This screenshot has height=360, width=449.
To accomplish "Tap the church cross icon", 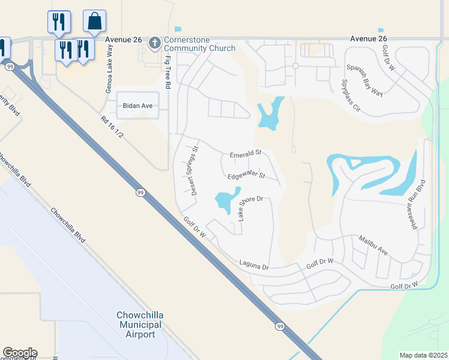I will click(155, 42).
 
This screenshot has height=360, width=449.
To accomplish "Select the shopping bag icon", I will click(95, 21).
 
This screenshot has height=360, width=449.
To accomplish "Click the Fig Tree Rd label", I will click(167, 74).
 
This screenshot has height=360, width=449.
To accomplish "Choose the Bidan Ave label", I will click(137, 106).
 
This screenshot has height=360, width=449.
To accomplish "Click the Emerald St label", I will click(246, 154).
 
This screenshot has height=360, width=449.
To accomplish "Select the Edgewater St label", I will click(246, 176).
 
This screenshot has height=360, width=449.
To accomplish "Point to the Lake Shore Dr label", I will click(251, 207).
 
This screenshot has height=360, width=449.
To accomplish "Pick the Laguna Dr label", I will click(253, 263).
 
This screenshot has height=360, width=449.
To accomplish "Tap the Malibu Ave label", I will click(375, 247).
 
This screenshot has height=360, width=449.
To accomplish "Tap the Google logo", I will click(19, 353).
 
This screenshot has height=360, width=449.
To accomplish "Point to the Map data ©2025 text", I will click(423, 355).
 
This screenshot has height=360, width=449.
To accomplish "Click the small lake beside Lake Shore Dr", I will click(225, 201).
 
